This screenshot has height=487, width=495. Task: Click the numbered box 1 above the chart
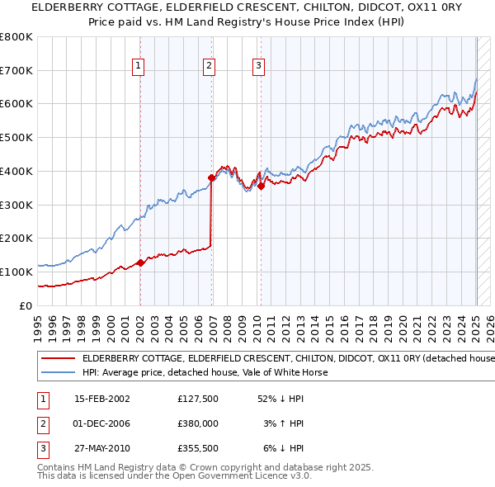click(x=139, y=67)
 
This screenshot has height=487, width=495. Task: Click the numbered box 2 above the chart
click(x=210, y=67)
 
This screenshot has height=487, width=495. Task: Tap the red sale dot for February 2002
click(x=140, y=262)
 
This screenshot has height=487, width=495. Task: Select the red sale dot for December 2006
click(x=211, y=177)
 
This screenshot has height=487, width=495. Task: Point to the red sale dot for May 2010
click(x=261, y=186)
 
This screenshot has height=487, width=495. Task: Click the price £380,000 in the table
click(x=197, y=424)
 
